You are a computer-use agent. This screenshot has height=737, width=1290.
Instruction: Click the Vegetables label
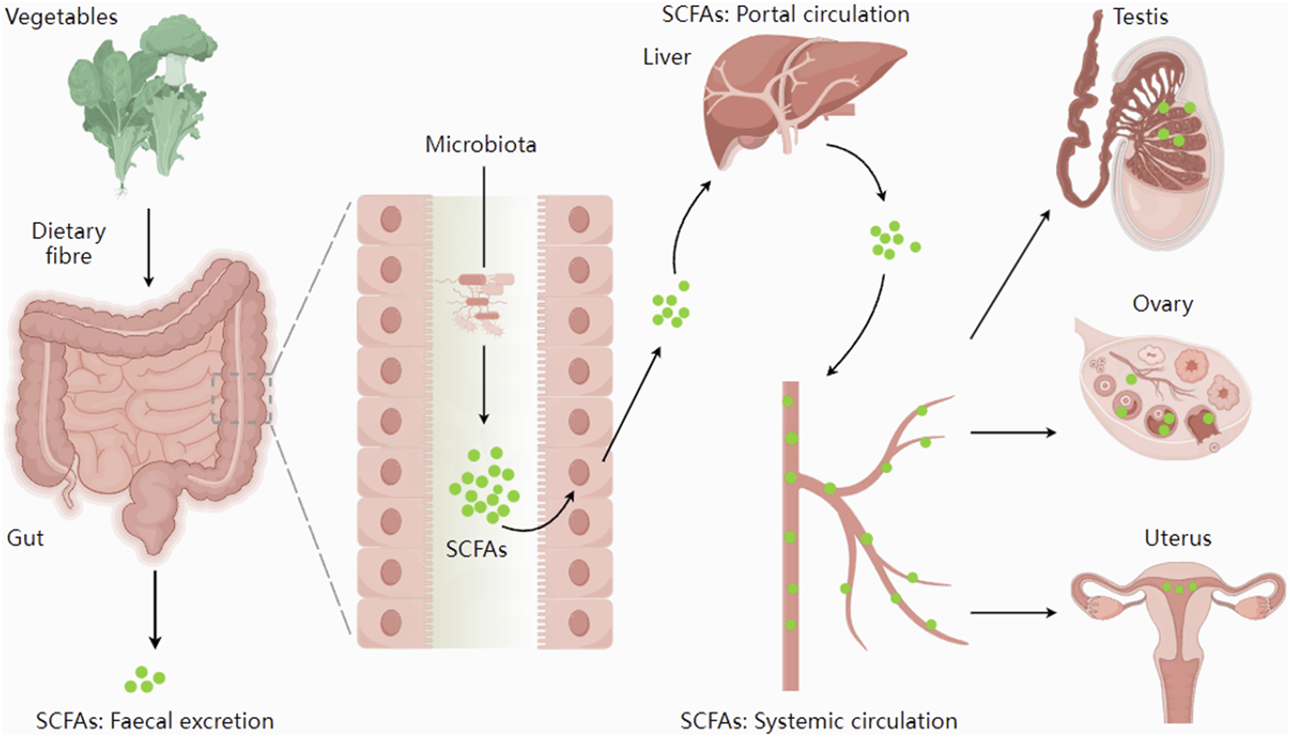coord(61,16)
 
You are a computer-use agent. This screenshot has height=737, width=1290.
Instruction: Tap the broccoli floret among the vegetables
coord(181,43)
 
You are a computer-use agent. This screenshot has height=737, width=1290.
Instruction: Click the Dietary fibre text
coord(68,244)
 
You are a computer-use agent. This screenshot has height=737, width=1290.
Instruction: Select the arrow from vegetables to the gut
coord(149,247)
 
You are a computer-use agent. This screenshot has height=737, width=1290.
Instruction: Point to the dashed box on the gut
coord(241,399)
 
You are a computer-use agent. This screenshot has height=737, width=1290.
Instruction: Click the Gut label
coord(25,538)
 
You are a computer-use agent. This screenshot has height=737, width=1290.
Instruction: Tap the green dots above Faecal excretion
coord(145,680)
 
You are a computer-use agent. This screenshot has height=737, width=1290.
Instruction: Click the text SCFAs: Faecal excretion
coord(155,721)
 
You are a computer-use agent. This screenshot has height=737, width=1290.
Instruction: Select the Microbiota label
coord(480,145)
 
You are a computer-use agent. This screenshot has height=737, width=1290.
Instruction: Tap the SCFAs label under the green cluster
coord(476,550)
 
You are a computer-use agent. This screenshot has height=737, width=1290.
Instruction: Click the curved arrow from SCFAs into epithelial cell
coord(540,520)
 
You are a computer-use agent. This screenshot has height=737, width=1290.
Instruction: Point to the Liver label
coord(667,57)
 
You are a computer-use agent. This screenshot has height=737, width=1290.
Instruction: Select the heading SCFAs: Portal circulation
coord(786,14)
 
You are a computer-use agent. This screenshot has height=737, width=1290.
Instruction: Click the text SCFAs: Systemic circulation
coord(818,721)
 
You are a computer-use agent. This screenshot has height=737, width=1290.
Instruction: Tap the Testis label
coord(1140,16)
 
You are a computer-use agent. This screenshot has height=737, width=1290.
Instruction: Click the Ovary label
coord(1162,304)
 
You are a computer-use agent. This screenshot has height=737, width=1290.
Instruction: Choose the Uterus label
coord(1177,538)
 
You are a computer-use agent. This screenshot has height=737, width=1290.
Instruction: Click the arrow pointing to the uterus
coord(1013,613)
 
